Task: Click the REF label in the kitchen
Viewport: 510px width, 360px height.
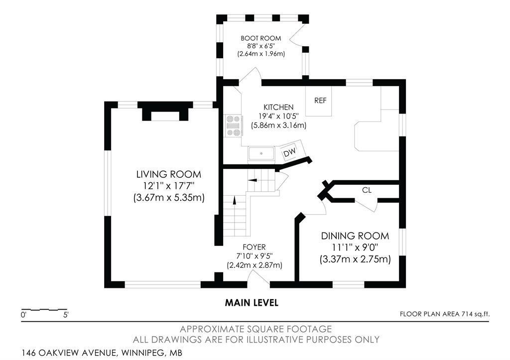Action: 320,101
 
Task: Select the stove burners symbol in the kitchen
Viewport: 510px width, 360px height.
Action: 234,125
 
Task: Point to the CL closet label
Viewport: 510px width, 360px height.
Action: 367,190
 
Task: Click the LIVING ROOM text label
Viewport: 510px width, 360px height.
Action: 169,174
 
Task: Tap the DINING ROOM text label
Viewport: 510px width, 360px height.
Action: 355,236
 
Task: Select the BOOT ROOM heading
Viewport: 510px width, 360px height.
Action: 261,38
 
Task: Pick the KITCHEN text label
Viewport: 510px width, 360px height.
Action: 278,107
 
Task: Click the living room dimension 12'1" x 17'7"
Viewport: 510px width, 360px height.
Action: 169,186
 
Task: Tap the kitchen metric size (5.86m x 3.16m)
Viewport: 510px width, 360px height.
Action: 279,125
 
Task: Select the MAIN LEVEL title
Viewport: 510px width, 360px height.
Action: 252,303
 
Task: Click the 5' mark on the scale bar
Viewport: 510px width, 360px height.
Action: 66,315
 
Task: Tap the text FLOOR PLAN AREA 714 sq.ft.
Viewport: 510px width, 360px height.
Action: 445,314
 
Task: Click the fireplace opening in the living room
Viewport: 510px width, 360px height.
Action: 165,116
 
